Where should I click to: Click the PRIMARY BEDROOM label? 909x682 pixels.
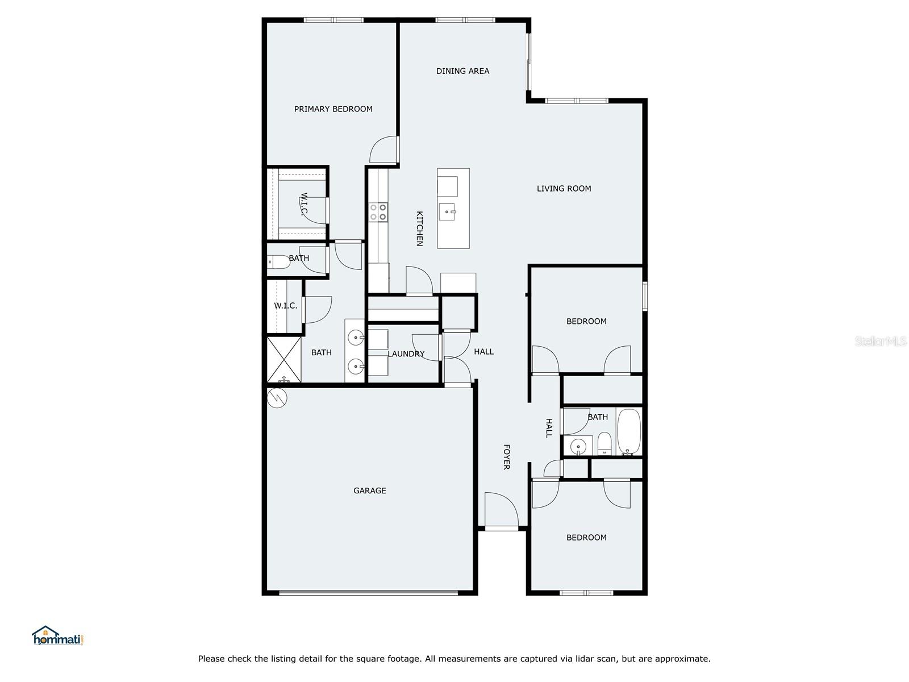333,109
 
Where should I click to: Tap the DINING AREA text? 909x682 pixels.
462,71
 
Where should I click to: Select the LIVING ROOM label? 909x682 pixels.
564,189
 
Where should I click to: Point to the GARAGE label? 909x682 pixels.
369,490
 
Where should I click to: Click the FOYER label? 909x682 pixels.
506,457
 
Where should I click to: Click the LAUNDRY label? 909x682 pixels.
406,354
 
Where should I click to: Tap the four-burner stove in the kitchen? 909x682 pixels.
378,212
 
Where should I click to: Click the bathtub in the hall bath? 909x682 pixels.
629,432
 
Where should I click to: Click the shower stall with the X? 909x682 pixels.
284,359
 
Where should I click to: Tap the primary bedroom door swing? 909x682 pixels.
383,149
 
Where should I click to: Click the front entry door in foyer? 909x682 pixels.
501,510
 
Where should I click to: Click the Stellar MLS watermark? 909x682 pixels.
880,342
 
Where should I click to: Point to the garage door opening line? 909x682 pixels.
368,593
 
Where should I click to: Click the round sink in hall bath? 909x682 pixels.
577,447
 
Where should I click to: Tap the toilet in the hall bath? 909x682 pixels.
604,443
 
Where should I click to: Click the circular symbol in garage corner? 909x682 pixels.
278,398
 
